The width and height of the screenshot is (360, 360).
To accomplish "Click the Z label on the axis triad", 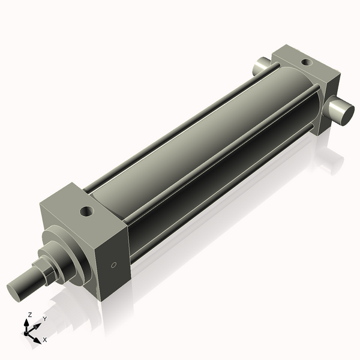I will click(x=30, y=314).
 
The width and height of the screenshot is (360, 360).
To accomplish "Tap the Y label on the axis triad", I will click(x=44, y=319).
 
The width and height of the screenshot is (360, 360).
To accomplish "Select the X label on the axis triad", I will click(x=46, y=340).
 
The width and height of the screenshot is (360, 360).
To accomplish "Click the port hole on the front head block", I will click(x=88, y=211).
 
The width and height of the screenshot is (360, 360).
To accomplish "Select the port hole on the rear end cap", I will click(x=306, y=62).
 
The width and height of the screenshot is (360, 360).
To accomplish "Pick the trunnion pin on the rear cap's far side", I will click(x=262, y=65).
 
